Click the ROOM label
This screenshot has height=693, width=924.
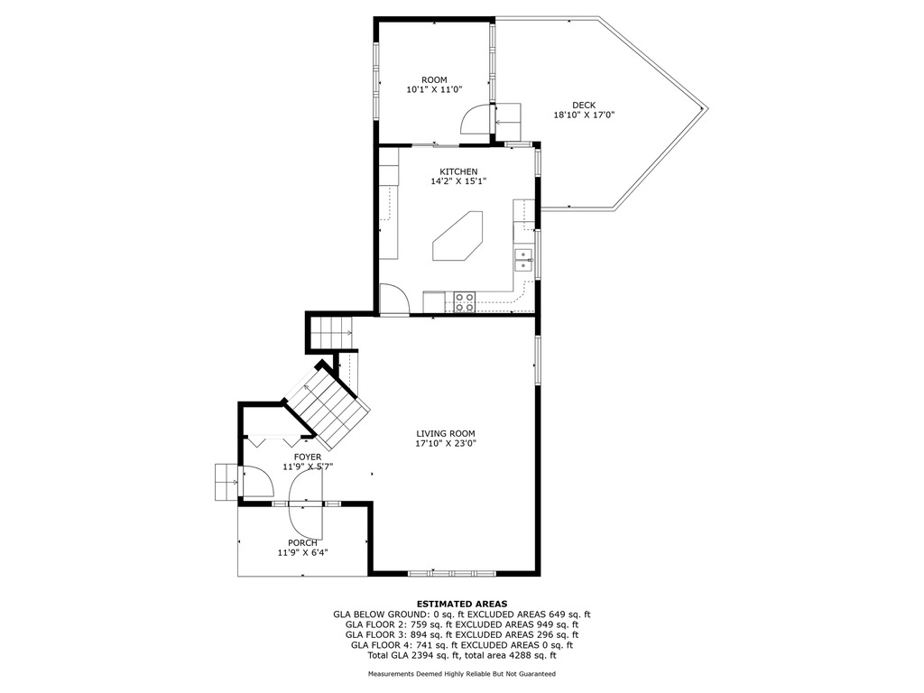coord(434,79)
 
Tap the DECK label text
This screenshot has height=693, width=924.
coord(584,105)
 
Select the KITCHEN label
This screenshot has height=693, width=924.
coord(458,171)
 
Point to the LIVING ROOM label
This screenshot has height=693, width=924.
coord(446,433)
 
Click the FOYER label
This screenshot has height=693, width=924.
coord(308,457)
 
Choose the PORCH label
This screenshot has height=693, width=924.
coord(302,542)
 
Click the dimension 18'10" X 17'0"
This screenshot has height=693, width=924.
coord(584,115)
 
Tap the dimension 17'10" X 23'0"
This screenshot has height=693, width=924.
coord(446,443)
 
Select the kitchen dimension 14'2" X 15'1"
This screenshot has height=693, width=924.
coord(458,181)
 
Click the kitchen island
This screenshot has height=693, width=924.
coord(457,236)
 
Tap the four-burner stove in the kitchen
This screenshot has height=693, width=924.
coord(465,301)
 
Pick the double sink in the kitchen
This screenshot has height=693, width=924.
coord(523,260)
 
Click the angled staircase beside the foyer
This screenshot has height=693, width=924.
coord(327,407)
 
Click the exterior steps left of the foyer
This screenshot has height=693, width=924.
coord(226,482)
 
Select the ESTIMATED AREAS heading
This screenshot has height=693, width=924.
coord(462,604)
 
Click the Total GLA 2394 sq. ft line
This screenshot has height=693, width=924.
coord(462,655)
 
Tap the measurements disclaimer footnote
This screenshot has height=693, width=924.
coord(462,673)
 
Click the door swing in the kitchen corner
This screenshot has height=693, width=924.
coord(394,299)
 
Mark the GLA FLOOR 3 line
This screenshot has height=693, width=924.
coord(462,634)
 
